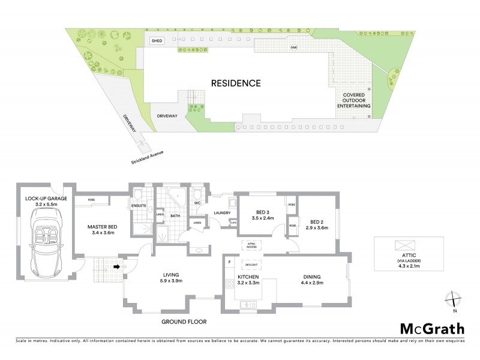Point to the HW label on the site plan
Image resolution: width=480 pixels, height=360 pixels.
pos(294,47)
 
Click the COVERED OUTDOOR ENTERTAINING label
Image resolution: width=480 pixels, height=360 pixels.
pos(353,100)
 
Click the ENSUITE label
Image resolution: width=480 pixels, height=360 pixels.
pos(139,206)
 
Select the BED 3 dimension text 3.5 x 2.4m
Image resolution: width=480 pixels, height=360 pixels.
pos(262,218)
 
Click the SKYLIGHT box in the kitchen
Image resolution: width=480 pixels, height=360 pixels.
pos(250,263)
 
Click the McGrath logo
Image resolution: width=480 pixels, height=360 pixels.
pos(431,329)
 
